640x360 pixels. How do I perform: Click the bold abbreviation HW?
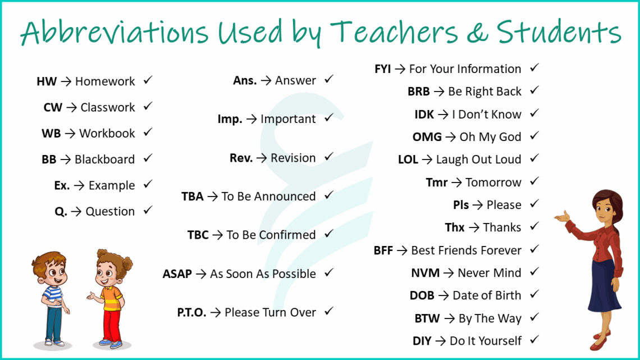[x=47, y=81]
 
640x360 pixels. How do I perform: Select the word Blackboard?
[x=104, y=160]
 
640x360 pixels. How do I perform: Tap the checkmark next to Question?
[x=148, y=211]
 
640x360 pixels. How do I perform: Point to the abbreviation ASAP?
[x=177, y=274]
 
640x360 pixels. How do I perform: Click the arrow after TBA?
[x=212, y=197]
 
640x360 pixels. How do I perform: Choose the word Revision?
[x=293, y=158]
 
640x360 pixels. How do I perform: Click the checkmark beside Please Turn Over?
[x=329, y=311]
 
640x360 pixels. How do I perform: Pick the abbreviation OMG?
[x=427, y=137]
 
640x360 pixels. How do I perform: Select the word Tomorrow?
[x=493, y=183]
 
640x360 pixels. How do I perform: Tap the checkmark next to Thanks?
[x=534, y=226]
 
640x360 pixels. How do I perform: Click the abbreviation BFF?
[x=383, y=250]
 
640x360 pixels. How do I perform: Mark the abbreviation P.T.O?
[x=191, y=313]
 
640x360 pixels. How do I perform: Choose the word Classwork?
[x=107, y=107]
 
